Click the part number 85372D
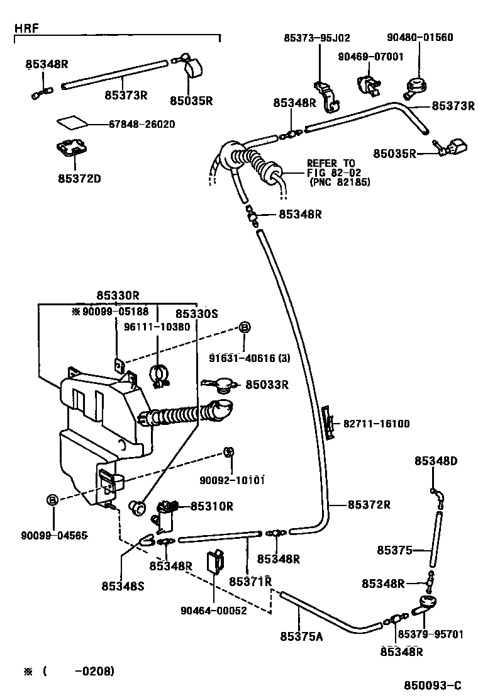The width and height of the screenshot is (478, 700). (76, 178)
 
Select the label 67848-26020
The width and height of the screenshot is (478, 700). (133, 124)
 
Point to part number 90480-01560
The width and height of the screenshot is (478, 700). (420, 37)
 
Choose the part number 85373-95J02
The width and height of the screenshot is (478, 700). (317, 37)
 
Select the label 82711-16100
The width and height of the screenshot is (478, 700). (376, 424)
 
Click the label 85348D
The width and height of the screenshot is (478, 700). (436, 461)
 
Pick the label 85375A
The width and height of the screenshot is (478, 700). (301, 636)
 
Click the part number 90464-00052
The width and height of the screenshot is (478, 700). (213, 609)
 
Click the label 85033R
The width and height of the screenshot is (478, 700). (267, 385)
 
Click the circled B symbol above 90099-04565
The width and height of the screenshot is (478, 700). (53, 500)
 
